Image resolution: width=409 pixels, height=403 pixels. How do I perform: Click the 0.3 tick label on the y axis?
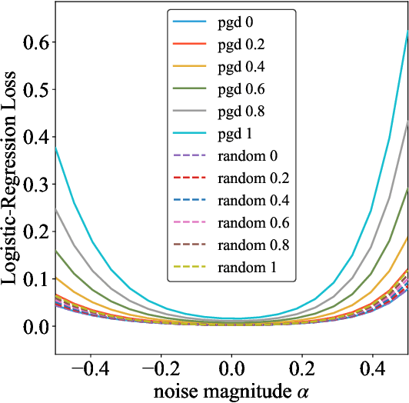click(35, 184)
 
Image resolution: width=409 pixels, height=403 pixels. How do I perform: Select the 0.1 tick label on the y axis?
click(35, 278)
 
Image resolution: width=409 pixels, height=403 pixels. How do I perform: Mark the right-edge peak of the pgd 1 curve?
click(407, 31)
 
